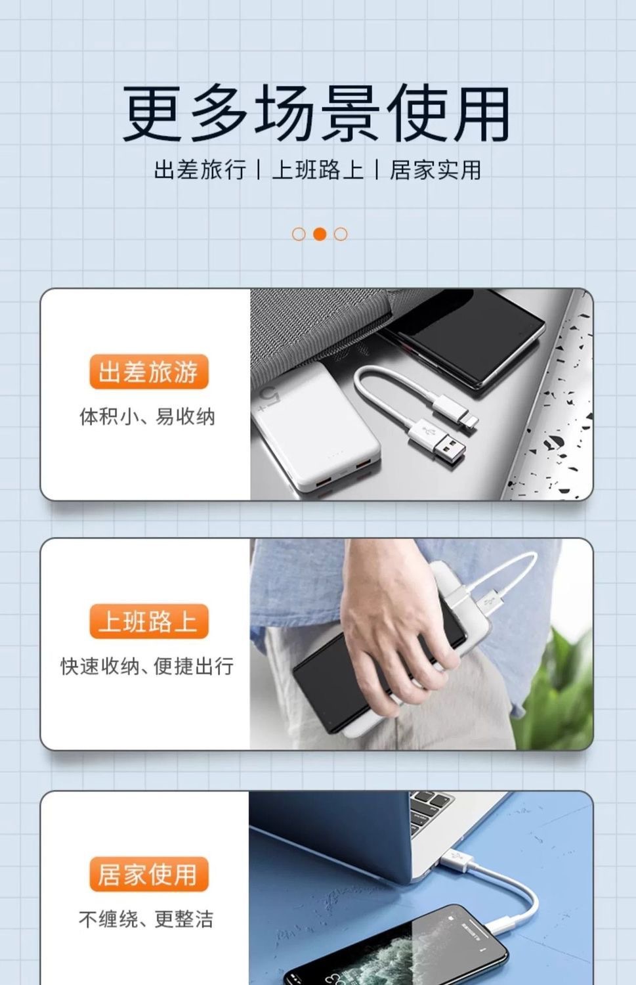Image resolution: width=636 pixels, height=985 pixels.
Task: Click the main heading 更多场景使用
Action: (x=316, y=114)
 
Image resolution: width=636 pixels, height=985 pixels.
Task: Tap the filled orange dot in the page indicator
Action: (x=320, y=234)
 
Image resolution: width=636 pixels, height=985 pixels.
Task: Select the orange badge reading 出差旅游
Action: (x=148, y=372)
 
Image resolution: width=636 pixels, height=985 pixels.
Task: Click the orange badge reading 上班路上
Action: (x=148, y=621)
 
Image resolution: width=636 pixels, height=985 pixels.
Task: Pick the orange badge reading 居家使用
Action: (x=148, y=874)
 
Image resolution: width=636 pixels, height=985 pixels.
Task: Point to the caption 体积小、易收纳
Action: (x=147, y=416)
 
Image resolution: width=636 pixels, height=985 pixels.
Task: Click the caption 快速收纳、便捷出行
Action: (x=147, y=667)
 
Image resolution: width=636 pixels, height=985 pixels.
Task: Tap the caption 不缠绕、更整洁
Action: (x=146, y=919)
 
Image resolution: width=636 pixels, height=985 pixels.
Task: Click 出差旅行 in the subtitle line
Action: (x=200, y=169)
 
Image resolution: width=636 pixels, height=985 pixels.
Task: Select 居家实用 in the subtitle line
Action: (x=436, y=169)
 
